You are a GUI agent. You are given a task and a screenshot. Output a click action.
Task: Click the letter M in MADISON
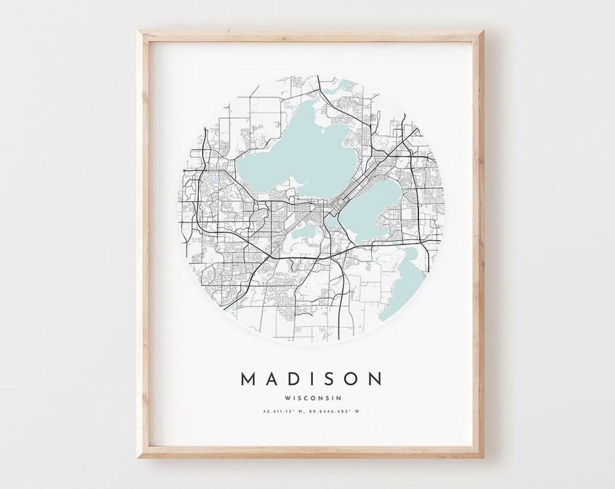[x=249, y=379]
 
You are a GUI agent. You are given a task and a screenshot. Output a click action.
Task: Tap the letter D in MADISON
[x=291, y=379]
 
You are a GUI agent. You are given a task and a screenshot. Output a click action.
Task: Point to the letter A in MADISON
[x=271, y=379]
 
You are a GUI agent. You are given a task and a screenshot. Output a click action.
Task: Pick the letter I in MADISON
[x=311, y=379]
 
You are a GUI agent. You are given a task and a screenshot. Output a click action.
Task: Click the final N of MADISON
[x=374, y=379]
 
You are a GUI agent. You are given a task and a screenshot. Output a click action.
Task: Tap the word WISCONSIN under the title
[x=311, y=397]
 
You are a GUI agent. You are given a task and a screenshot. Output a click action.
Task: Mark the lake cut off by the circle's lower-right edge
[x=404, y=284]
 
